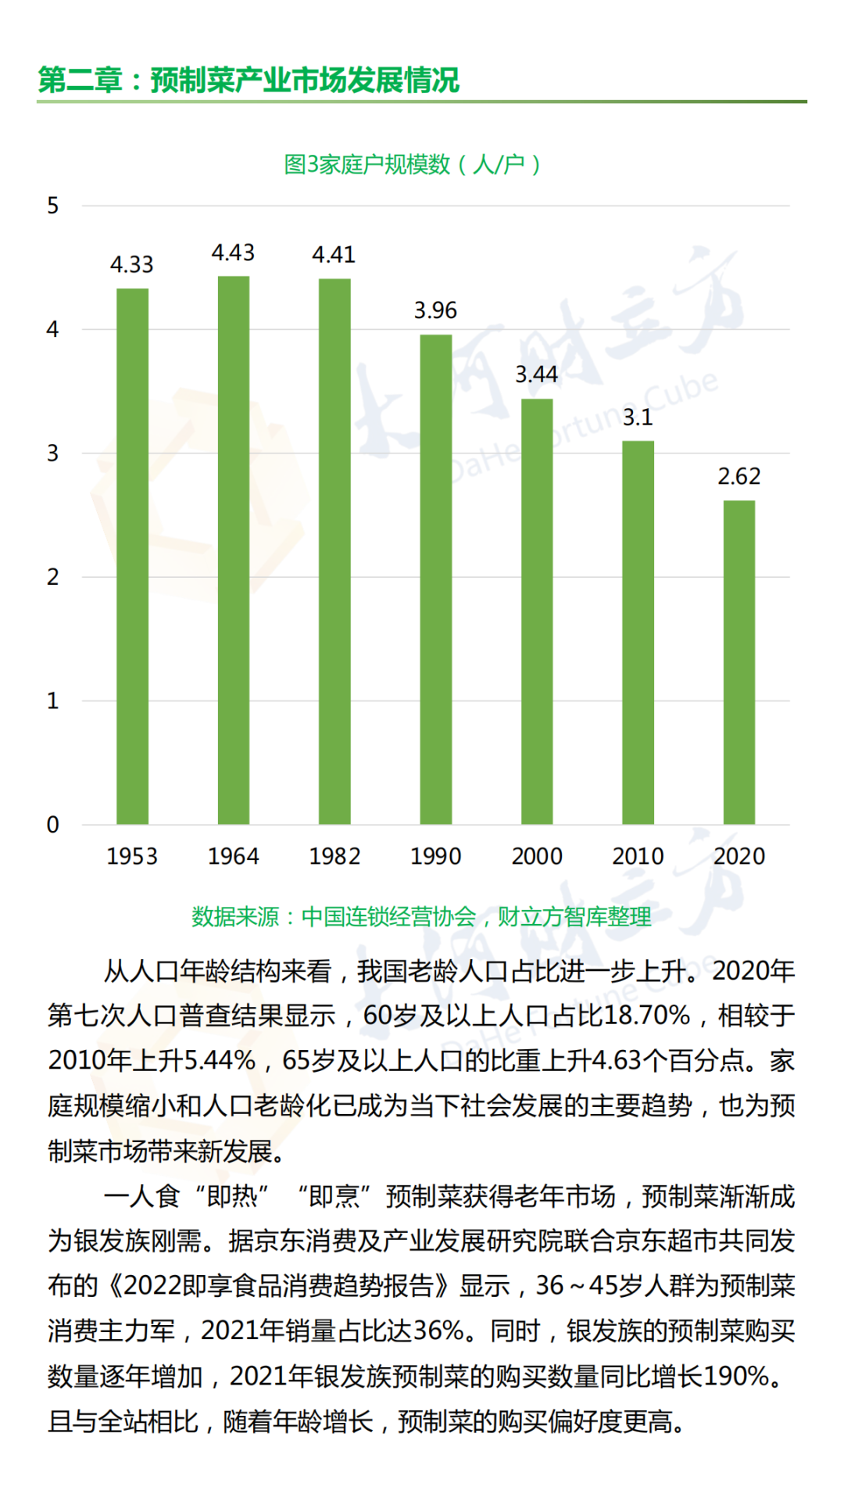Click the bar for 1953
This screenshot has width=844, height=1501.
coord(132,556)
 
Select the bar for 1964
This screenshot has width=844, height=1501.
coord(234,550)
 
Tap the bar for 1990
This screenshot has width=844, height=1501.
coord(436,579)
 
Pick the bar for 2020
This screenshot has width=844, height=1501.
coord(739,662)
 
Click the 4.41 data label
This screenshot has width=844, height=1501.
coord(334,255)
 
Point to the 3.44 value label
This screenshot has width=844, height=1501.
coord(536,374)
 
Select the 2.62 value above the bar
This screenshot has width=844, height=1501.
coord(739,476)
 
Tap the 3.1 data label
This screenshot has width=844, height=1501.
coord(638,417)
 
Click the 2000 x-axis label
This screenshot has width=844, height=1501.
coord(537,856)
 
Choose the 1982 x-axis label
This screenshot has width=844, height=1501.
coord(334,856)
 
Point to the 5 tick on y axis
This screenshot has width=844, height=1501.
coord(52,206)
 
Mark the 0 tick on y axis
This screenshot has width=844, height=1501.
coord(52,824)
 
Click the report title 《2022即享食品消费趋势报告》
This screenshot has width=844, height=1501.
coord(278,1285)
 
